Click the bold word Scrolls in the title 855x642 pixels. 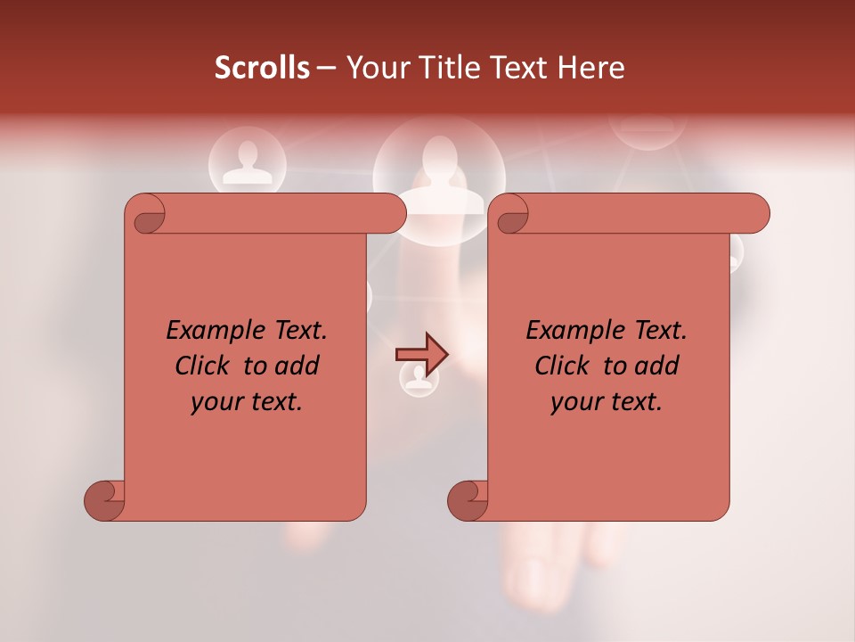tap(262, 68)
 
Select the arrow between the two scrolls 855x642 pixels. tap(421, 354)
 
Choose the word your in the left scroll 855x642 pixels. tap(215, 402)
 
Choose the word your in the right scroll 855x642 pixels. tap(574, 402)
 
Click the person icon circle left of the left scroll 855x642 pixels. tap(247, 162)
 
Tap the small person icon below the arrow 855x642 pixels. tap(418, 378)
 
